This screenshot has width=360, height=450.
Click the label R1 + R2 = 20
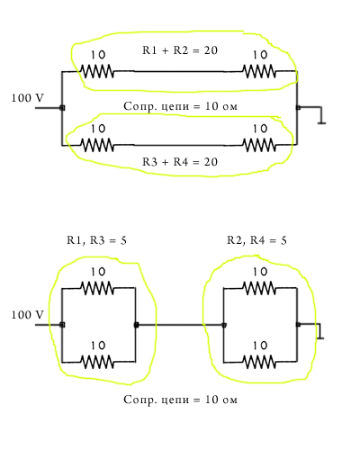coord(180,50)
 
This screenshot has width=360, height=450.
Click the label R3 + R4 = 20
coord(180,162)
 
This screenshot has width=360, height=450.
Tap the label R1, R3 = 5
coord(96,240)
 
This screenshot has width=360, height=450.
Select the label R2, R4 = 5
coord(256,240)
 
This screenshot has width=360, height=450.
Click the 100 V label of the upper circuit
coord(27,98)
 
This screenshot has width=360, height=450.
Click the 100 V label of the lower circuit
coord(27,315)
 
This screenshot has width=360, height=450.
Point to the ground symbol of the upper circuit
coord(321,120)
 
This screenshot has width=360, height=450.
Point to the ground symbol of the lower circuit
coord(320,335)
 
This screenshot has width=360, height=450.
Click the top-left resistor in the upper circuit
coord(97,71)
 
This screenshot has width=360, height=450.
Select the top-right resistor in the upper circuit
coord(259,71)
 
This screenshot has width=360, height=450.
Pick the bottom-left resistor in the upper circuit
coord(97,145)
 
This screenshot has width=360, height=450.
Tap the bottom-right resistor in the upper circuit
coord(259,145)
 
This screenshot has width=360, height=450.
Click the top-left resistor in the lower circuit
coord(97,288)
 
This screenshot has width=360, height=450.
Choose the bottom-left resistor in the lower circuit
coord(97,362)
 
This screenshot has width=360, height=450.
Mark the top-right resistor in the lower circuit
coord(259,288)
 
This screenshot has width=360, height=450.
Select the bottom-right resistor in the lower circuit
coord(259,362)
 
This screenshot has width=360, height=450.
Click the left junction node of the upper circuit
coord(62,108)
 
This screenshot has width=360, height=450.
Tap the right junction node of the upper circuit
coord(298,108)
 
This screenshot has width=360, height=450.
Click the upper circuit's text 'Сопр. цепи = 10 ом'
coord(180,106)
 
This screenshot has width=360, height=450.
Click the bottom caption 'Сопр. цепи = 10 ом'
coord(180,400)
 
